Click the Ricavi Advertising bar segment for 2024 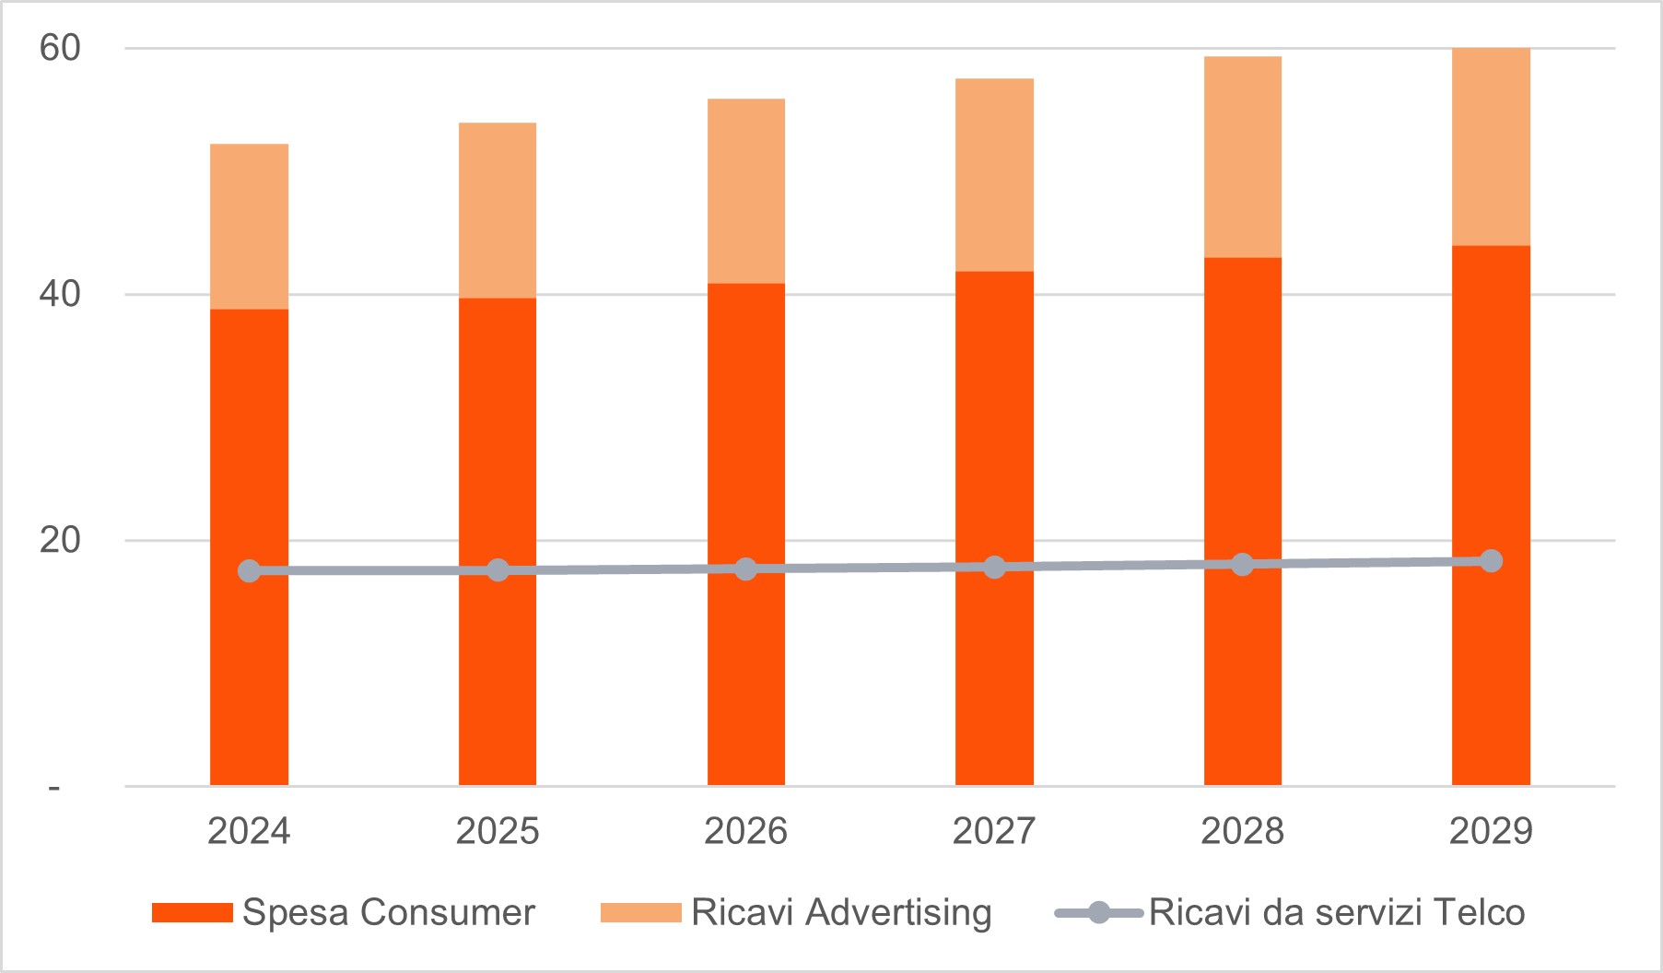click(x=249, y=227)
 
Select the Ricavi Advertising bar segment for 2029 click(x=1491, y=147)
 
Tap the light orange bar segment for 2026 click(x=745, y=191)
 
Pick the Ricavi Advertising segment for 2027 click(x=994, y=175)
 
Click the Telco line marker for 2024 click(x=249, y=571)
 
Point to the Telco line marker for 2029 click(x=1491, y=561)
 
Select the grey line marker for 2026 click(x=745, y=569)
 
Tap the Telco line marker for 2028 click(x=1242, y=564)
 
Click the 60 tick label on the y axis click(x=60, y=48)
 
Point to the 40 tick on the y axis click(x=60, y=294)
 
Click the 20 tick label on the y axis click(x=60, y=540)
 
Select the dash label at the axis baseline click(x=54, y=788)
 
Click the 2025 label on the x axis click(x=498, y=831)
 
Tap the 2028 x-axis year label click(x=1242, y=831)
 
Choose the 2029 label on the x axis click(x=1491, y=831)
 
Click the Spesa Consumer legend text click(x=388, y=912)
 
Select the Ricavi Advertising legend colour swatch click(x=640, y=912)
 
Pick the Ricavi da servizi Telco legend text click(x=1337, y=912)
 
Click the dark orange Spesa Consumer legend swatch click(x=192, y=912)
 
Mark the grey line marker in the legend click(x=1098, y=913)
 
